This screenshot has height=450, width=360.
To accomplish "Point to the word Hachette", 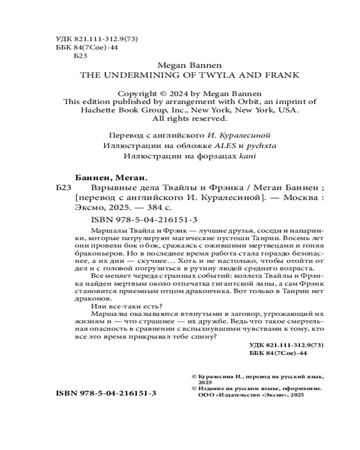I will click(x=98, y=110).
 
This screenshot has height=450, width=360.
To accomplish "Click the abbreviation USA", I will click(x=288, y=110).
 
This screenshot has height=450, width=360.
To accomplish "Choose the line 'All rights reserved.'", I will click(x=189, y=119).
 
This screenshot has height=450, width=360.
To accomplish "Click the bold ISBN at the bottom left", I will click(x=106, y=393).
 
